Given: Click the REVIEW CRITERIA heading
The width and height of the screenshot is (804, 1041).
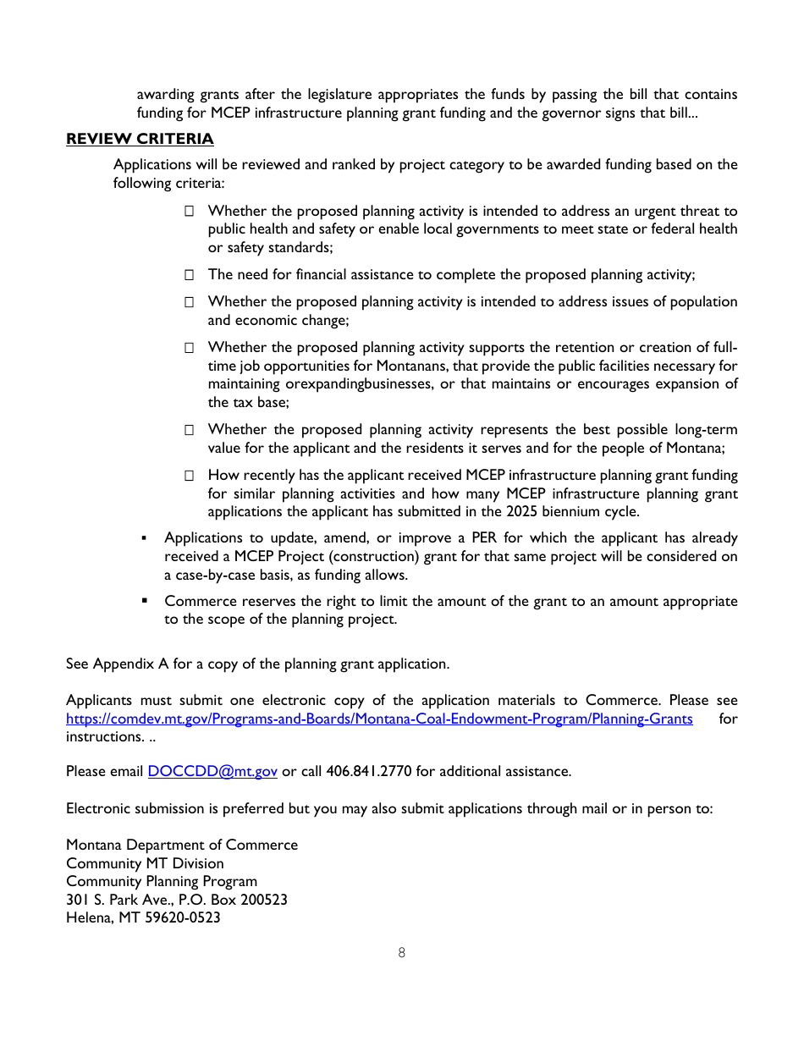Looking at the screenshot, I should pos(140,139).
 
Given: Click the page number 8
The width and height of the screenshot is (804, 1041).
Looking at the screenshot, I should pos(401,953).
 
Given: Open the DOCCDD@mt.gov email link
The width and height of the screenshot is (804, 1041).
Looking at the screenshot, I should pos(212,771).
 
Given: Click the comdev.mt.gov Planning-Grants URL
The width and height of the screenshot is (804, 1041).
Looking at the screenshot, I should pos(379,719).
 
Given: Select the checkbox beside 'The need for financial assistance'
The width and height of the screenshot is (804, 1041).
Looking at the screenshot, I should pos(190,275).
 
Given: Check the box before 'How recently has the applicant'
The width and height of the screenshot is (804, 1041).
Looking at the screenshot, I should pos(190,476).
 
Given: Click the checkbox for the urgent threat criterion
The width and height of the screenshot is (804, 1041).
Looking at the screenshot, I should pos(190,212).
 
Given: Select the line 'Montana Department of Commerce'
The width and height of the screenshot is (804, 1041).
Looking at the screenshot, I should pos(182,845).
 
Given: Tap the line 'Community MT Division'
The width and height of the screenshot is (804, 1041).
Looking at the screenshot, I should pos(145,863).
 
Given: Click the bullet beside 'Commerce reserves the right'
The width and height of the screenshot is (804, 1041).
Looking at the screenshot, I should pos(145,601).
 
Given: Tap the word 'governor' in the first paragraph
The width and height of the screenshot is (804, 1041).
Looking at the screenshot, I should pos(543,113).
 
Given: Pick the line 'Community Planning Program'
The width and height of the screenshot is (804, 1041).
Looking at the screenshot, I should pos(162,881).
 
